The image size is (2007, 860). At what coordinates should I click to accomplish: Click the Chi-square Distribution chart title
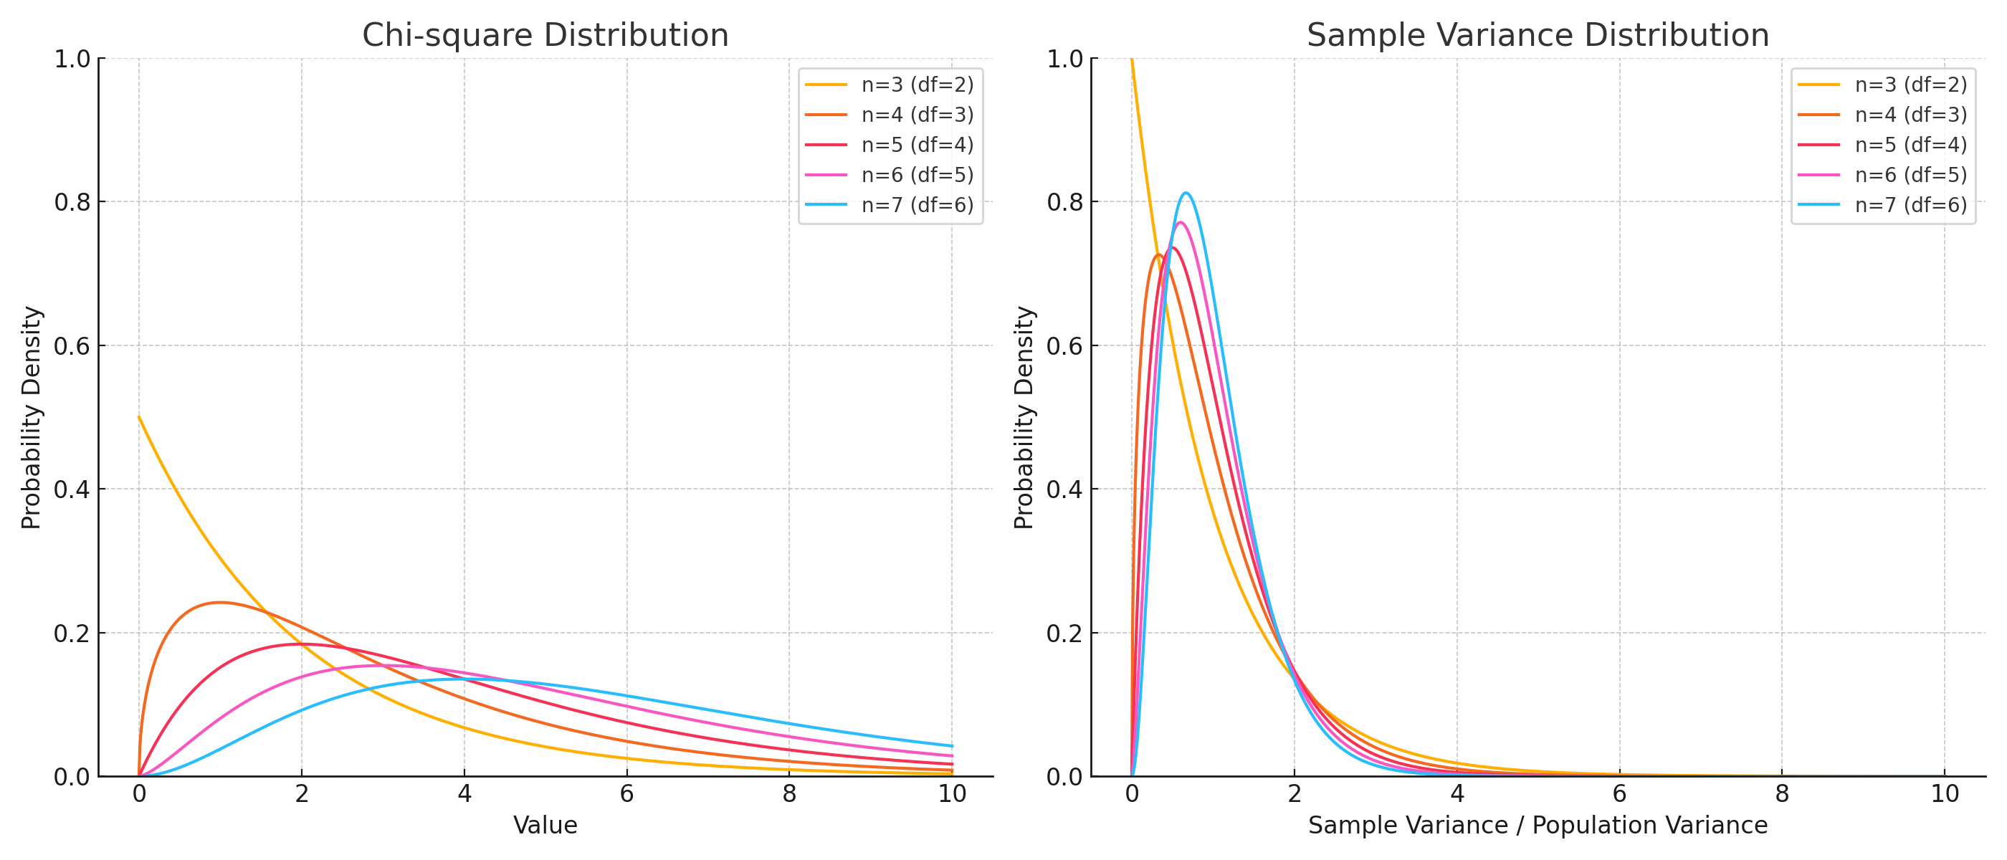[545, 35]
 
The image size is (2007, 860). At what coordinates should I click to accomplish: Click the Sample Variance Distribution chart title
[1538, 35]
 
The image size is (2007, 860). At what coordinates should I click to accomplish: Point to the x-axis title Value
[545, 825]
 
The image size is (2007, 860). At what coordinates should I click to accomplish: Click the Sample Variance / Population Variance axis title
[1538, 825]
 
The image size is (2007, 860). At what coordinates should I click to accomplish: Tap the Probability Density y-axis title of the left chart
[31, 418]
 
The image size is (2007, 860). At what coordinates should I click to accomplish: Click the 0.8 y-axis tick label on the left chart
[72, 203]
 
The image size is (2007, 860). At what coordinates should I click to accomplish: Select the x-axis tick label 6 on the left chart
[626, 794]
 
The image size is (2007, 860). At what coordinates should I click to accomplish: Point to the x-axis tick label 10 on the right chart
[1945, 794]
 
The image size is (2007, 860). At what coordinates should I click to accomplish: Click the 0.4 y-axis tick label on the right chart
[1065, 490]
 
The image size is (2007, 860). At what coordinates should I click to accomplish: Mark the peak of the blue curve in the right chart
[1186, 193]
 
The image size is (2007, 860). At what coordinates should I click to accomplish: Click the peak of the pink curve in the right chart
[1181, 223]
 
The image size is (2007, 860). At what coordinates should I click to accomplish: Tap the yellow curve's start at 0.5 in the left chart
[140, 417]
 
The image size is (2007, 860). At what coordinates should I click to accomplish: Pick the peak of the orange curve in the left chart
[221, 602]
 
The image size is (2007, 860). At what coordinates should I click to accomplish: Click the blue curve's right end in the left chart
[951, 745]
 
